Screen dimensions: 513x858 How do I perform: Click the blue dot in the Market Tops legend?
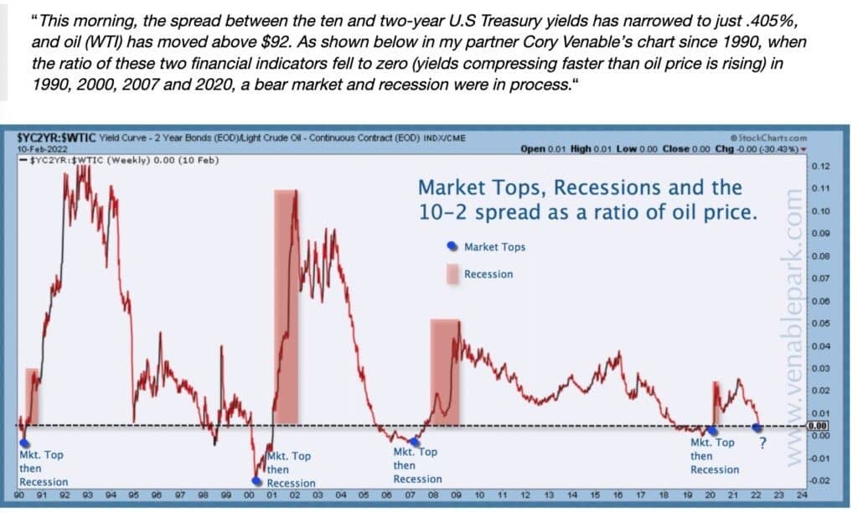(x=452, y=246)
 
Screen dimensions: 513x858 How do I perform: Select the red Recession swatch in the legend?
(x=452, y=273)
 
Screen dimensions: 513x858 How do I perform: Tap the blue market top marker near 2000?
(x=257, y=481)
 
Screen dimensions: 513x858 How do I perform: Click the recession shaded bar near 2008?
(x=444, y=371)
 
